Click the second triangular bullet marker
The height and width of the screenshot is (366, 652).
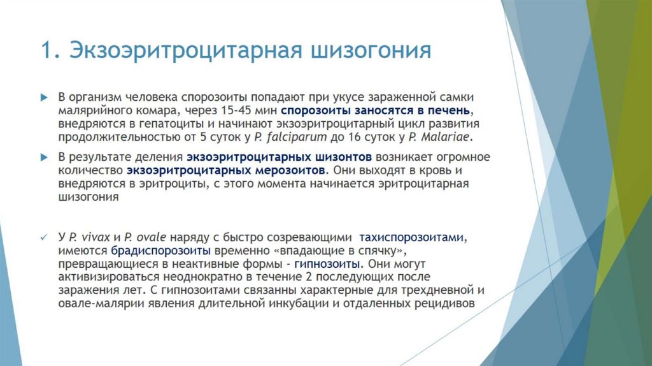pyautogui.click(x=44, y=157)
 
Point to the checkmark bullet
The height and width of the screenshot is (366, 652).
pyautogui.click(x=44, y=237)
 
